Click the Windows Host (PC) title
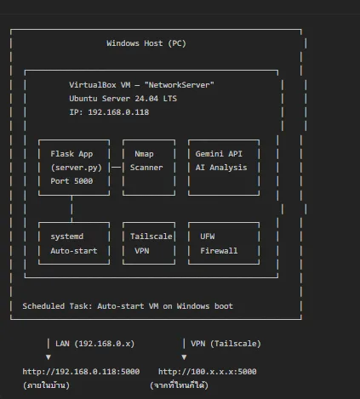point(146,43)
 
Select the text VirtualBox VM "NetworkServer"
point(141,85)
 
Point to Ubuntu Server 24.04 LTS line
point(123,99)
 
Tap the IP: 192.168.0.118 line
point(109,112)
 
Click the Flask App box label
point(71,154)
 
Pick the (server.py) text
point(76,168)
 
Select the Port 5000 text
point(71,181)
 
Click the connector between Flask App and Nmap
point(116,168)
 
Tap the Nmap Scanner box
point(149,168)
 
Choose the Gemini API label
point(219,154)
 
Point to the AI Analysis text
point(221,168)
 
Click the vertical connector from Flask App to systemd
point(71,208)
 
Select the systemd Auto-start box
point(74,243)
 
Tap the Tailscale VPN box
point(149,243)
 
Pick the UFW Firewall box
point(224,243)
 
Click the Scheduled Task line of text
point(128,306)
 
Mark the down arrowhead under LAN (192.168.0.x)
point(49,357)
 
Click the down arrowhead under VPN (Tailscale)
point(184,357)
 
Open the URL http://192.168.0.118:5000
point(81,372)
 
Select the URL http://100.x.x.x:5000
point(208,372)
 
